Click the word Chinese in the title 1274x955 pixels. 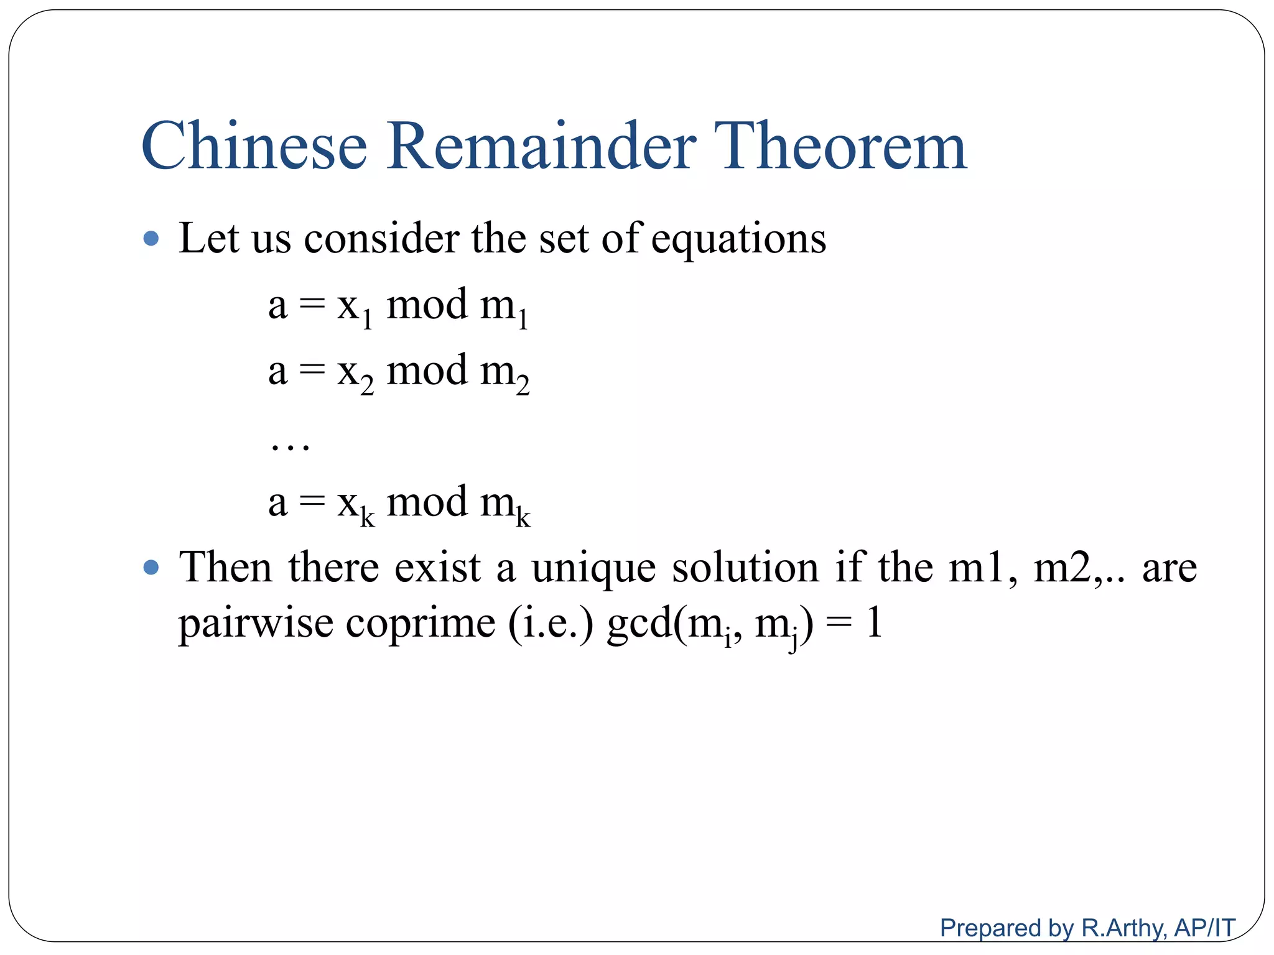point(254,146)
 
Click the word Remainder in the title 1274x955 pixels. point(541,146)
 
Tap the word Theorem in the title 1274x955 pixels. point(840,146)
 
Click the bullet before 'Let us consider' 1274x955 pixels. point(151,239)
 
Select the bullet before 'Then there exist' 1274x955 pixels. point(151,568)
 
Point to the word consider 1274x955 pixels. point(381,239)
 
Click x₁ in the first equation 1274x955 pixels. point(355,308)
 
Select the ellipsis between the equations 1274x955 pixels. point(290,445)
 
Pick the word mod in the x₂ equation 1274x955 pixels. point(427,371)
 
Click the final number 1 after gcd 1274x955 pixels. point(875,623)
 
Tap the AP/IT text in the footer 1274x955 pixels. point(1204,928)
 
